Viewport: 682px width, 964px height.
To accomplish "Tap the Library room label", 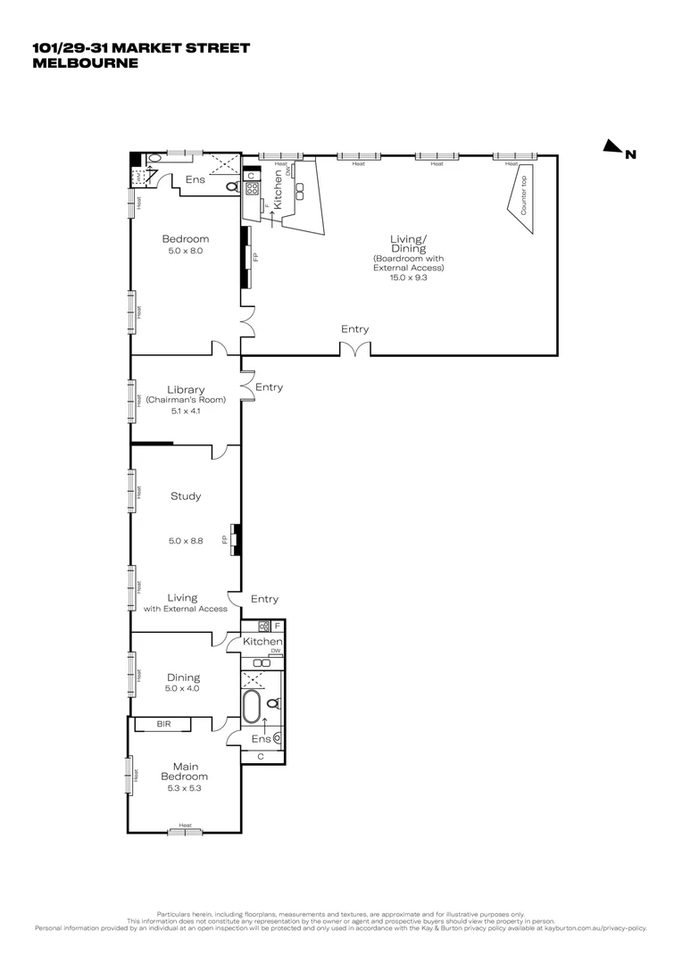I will point(186,390).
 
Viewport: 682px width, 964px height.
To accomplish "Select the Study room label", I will point(186,496).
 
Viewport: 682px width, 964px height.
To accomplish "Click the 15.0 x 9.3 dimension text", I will point(408,278).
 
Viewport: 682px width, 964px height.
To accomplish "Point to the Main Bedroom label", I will point(186,771).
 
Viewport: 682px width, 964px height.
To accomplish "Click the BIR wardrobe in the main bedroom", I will point(163,724).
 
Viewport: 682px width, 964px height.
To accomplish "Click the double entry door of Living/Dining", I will point(355,348).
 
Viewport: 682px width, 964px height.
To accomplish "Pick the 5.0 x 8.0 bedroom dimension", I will point(186,252).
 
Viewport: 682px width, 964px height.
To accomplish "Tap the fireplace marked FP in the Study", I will point(236,539).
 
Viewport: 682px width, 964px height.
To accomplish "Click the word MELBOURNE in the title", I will point(86,63).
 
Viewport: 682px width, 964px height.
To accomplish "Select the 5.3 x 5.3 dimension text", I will point(186,788).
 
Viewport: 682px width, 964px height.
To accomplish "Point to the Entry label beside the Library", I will point(269,387).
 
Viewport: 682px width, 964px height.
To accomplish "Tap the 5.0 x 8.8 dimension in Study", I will point(186,541).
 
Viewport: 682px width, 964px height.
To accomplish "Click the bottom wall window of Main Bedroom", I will point(185,832).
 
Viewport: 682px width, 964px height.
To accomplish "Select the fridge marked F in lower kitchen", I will point(277,626).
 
